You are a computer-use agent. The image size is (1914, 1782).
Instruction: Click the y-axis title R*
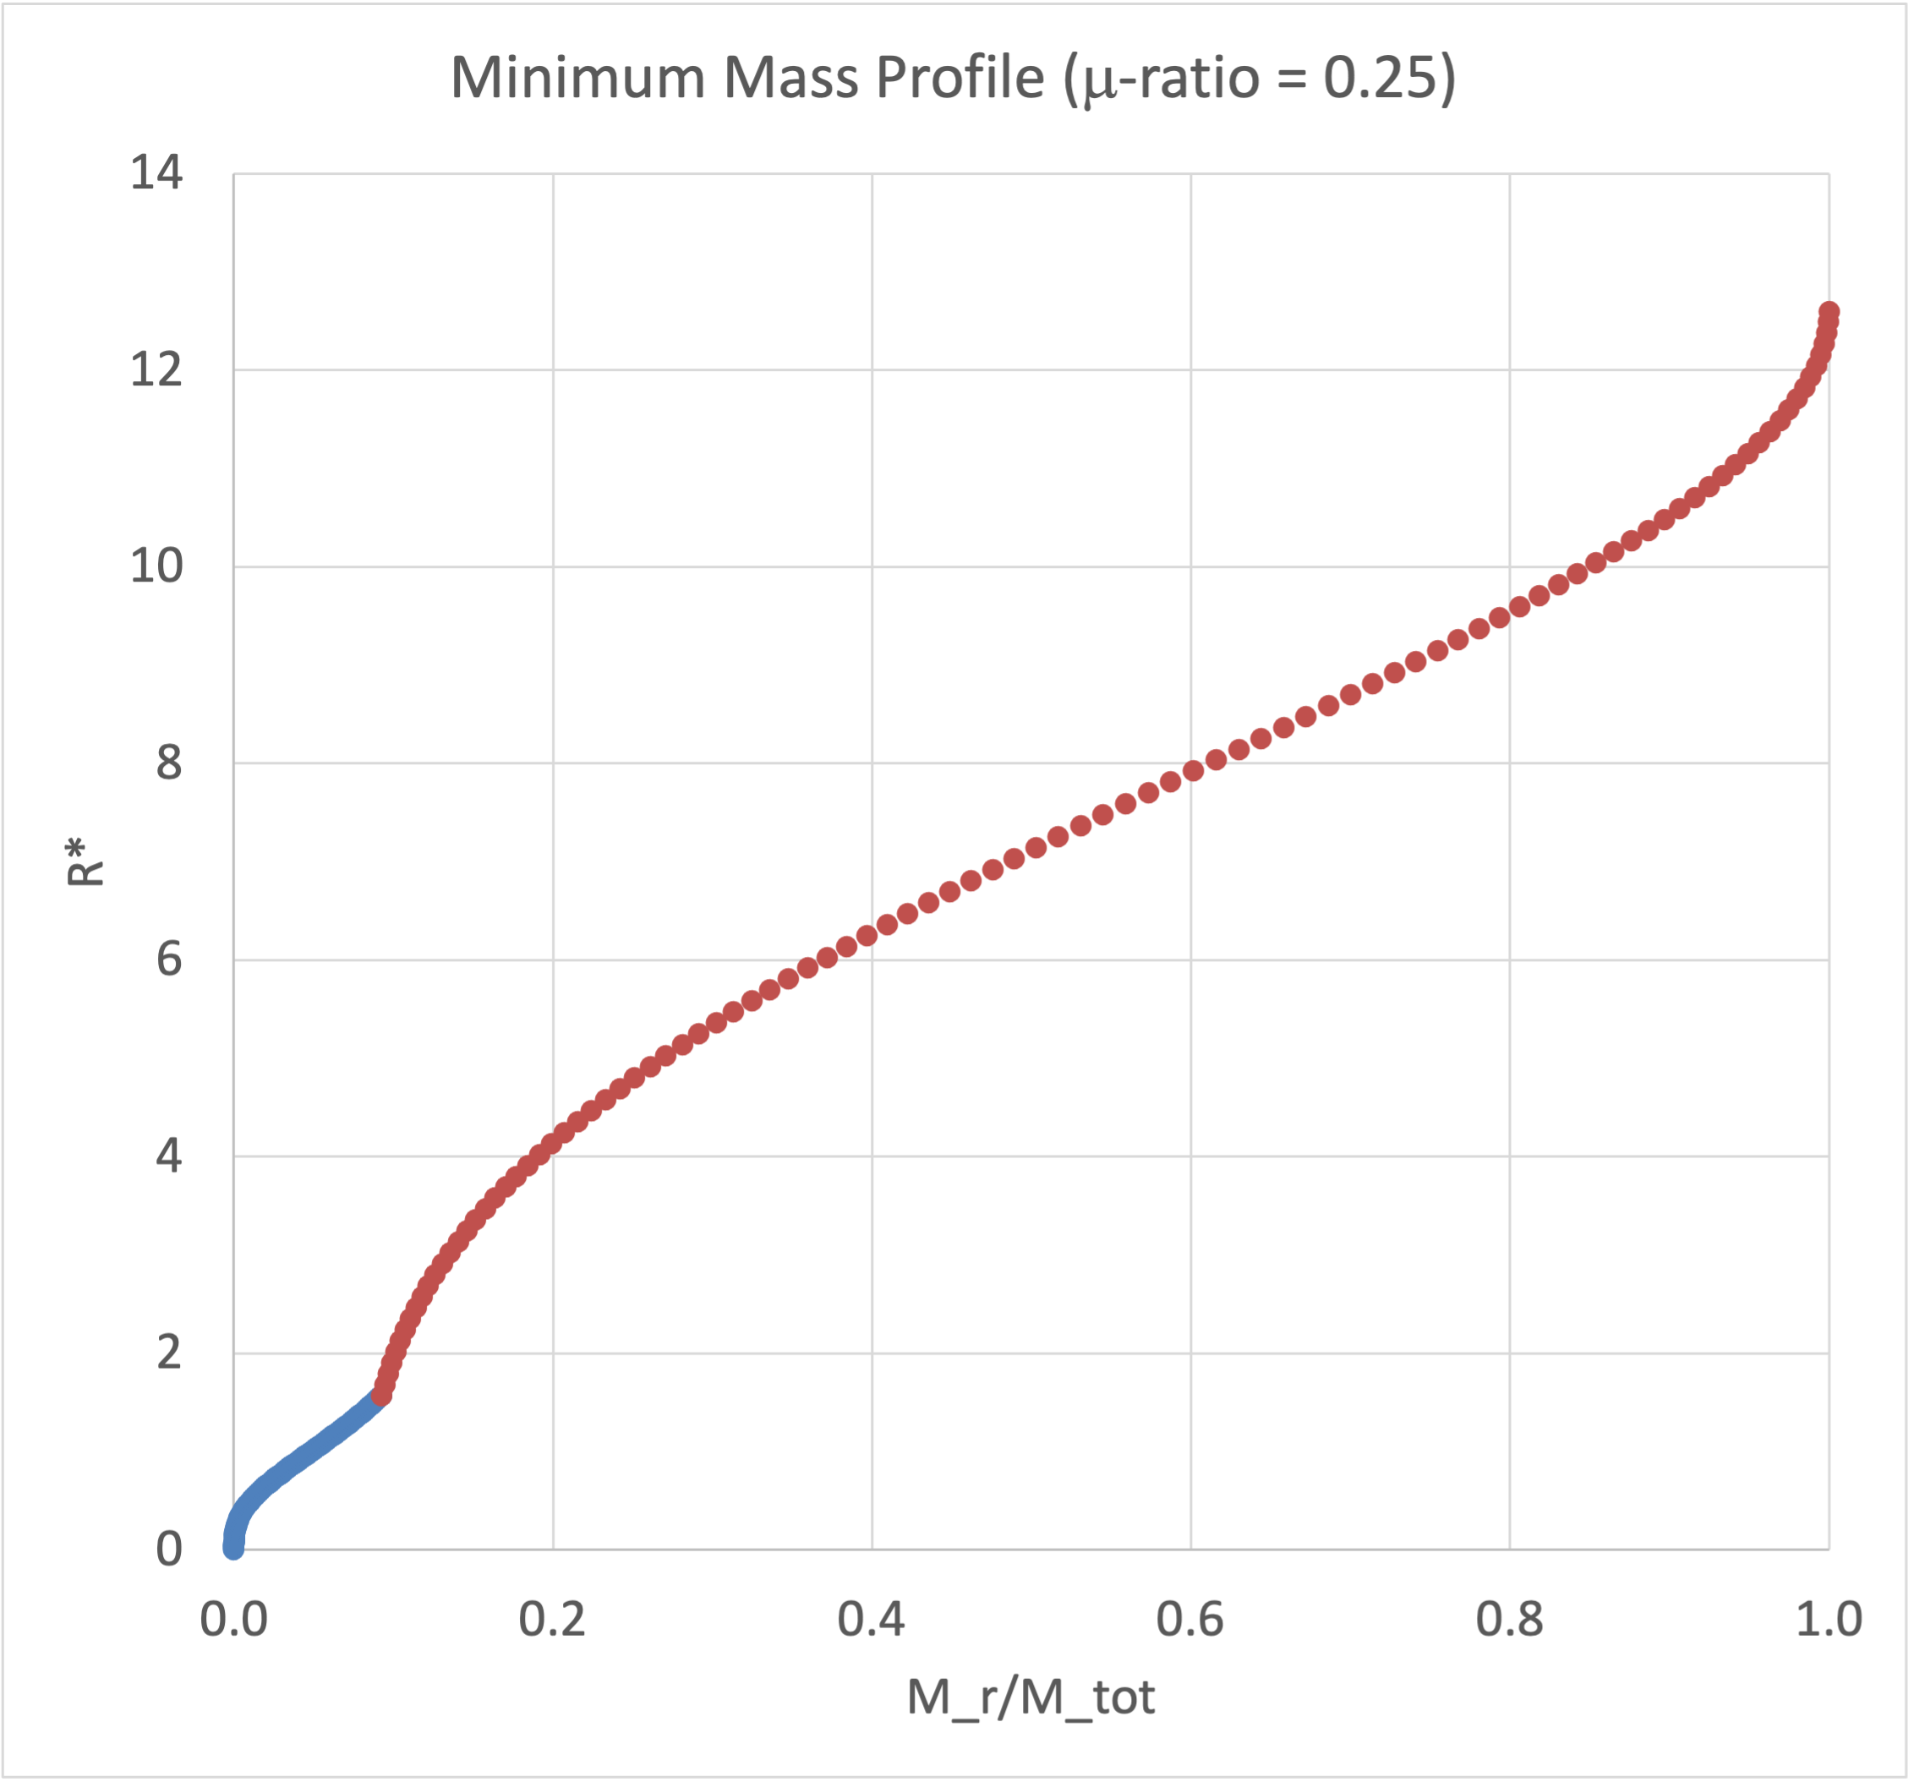click(x=85, y=861)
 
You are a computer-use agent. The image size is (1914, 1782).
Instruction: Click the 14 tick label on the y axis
click(x=156, y=173)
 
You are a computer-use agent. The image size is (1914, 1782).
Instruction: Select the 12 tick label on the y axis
click(x=156, y=369)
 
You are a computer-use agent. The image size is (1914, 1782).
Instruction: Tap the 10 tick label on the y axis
click(x=156, y=566)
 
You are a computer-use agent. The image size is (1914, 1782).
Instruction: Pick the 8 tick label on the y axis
click(x=168, y=763)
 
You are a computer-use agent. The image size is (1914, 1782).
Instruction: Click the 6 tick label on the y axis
click(x=168, y=959)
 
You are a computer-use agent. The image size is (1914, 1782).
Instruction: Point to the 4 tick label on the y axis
click(x=168, y=1156)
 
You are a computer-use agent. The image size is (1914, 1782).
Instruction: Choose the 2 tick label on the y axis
click(x=168, y=1353)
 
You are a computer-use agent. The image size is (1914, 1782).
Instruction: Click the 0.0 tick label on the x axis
click(x=233, y=1620)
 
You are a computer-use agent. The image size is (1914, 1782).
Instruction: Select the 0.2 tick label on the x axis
click(x=553, y=1620)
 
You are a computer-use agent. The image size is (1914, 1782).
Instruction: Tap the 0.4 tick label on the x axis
click(x=872, y=1620)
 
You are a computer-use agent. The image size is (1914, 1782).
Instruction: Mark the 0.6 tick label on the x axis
click(x=1190, y=1620)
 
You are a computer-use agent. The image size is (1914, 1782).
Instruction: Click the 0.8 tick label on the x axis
click(x=1510, y=1620)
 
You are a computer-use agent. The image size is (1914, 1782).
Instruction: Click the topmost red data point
click(x=1829, y=313)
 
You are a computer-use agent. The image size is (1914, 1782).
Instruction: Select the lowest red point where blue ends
click(x=381, y=1395)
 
